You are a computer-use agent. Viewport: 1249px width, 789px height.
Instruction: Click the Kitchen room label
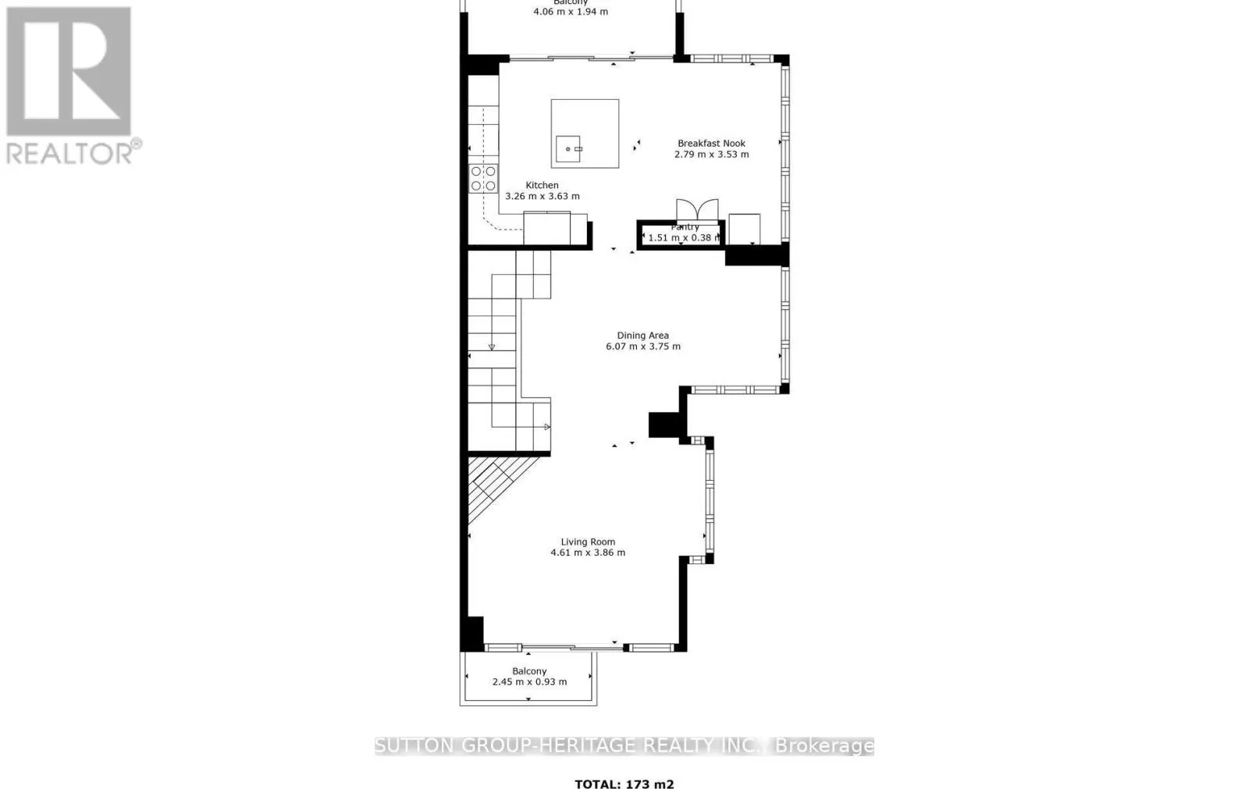point(542,186)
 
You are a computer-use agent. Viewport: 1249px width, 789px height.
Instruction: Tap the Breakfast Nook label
point(711,144)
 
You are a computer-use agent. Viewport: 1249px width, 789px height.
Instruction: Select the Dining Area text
point(642,336)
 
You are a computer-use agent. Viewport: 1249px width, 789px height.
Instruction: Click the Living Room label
point(588,542)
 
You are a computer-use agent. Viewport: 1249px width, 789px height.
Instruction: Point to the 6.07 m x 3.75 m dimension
point(642,347)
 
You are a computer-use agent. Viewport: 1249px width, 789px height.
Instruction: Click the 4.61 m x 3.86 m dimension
point(588,553)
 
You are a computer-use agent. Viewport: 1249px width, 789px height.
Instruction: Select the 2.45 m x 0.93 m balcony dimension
point(529,682)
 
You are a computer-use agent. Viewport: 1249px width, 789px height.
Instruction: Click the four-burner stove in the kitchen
point(483,179)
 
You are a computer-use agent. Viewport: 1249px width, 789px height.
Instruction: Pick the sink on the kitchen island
point(568,148)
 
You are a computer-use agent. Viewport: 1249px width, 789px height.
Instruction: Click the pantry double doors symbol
point(696,210)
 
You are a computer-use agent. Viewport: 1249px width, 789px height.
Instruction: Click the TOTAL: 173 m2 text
point(624,784)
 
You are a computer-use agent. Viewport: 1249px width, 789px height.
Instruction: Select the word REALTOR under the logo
point(70,153)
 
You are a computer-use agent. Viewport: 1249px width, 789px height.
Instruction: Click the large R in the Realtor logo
point(69,72)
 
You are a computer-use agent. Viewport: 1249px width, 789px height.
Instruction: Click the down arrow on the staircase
point(492,347)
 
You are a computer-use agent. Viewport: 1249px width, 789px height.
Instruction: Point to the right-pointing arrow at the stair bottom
point(547,427)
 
